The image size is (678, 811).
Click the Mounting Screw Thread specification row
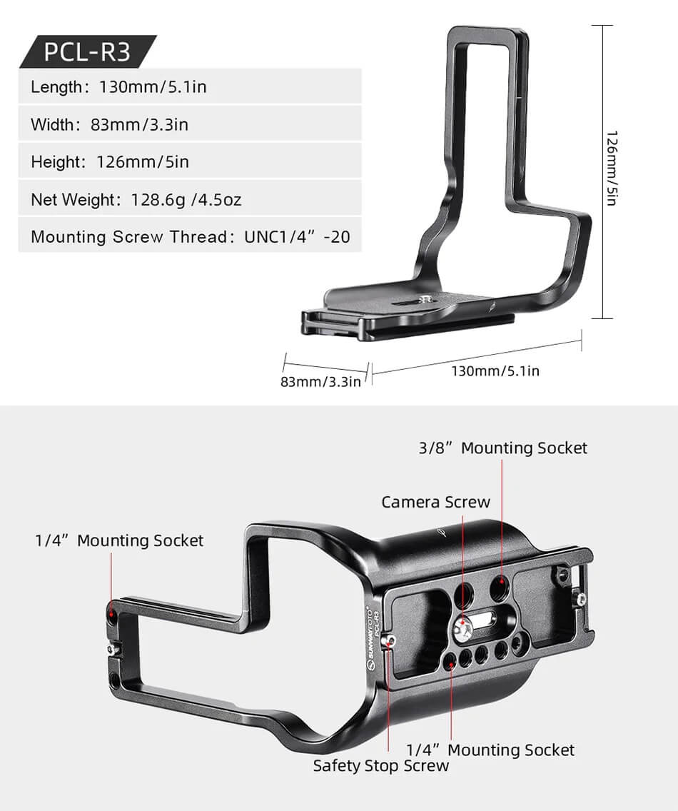(190, 236)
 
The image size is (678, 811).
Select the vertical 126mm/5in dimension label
(611, 168)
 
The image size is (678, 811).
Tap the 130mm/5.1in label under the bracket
(495, 371)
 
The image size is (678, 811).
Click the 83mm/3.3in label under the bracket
(320, 381)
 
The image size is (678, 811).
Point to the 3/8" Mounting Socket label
(502, 448)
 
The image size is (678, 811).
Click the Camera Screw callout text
(435, 502)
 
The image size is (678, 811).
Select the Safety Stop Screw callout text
(381, 766)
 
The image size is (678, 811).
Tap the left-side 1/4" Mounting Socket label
(119, 540)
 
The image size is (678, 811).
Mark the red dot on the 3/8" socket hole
(502, 583)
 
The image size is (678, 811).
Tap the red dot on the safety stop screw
(388, 641)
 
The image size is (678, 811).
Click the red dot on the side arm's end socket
(111, 613)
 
